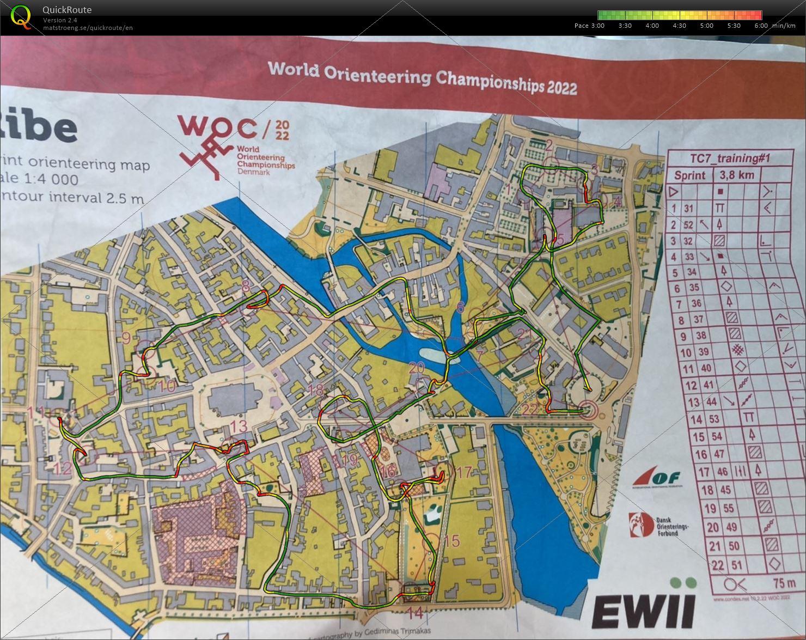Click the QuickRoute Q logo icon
click(x=21, y=16)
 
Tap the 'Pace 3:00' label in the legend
click(x=589, y=26)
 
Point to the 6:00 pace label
click(x=761, y=26)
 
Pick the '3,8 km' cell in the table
click(x=737, y=175)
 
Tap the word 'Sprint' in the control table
click(x=689, y=175)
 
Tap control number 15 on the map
click(x=451, y=541)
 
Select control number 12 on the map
click(x=63, y=468)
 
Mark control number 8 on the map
click(x=246, y=285)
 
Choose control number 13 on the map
click(x=239, y=426)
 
